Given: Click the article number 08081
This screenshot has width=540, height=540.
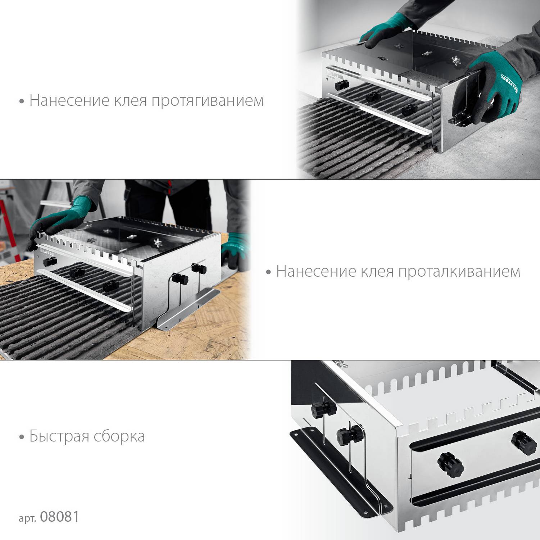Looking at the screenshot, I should tap(59, 517).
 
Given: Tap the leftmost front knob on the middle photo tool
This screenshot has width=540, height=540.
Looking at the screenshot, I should tap(48, 262).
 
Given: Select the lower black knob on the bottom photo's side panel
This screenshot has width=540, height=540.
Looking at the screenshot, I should tap(349, 435).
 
